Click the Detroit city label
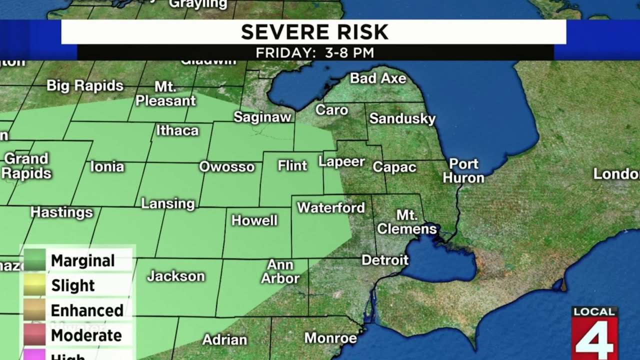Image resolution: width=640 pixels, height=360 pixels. coord(385,260)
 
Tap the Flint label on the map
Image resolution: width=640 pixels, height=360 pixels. coord(292,165)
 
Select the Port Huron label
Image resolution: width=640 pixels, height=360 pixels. coord(463,171)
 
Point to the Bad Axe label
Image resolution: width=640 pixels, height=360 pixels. coord(378,78)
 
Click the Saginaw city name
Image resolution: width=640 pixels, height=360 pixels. coord(262,117)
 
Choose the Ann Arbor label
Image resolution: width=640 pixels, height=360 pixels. coord(280,271)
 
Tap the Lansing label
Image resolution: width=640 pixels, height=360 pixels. coord(168,203)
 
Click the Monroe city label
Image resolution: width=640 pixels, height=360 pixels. coord(330,338)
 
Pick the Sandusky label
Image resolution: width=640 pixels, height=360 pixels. coord(402,119)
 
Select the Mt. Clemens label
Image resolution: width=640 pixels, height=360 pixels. coord(407,222)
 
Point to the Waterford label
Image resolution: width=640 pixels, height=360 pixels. coord(331,207)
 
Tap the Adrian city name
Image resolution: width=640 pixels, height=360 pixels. coord(224,340)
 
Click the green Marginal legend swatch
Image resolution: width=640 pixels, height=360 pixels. coord(33,260)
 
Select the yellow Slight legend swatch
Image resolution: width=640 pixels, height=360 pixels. coord(33,285)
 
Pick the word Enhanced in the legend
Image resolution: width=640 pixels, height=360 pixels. coord(87,310)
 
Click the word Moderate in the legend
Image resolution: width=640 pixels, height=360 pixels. coord(86,335)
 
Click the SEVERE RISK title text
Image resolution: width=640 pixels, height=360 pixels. coord(314,32)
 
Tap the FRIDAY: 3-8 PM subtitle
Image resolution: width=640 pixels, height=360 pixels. coord(314,53)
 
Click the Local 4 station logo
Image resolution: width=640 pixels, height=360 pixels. coord(594,333)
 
